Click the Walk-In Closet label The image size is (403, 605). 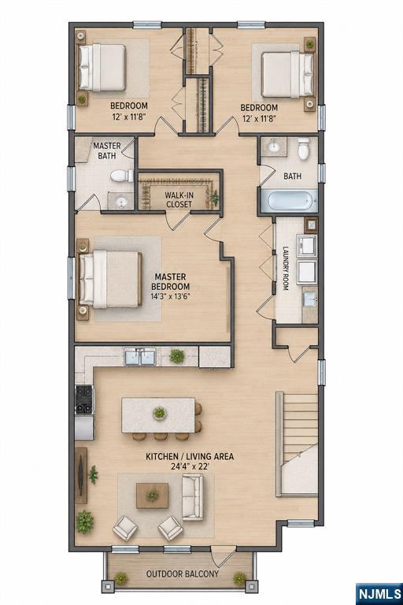[x=179, y=199]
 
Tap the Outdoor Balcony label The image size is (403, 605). [x=183, y=573]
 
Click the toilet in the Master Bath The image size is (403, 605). [x=122, y=176]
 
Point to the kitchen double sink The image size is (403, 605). [x=140, y=357]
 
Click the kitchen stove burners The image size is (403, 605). [x=84, y=399]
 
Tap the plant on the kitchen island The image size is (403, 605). [x=159, y=414]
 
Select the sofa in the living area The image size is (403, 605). [x=192, y=497]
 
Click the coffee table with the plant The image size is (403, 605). [x=152, y=496]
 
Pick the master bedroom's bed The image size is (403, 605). [x=109, y=280]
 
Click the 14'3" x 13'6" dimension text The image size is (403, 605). [x=171, y=296]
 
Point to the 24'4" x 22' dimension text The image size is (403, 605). [x=190, y=466]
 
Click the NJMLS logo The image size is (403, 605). [x=379, y=593]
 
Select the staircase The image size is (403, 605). [x=297, y=444]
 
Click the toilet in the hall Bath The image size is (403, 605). [x=304, y=149]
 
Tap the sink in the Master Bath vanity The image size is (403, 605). [x=121, y=201]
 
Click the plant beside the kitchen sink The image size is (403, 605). [x=176, y=356]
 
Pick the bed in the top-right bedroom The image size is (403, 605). [x=288, y=75]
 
